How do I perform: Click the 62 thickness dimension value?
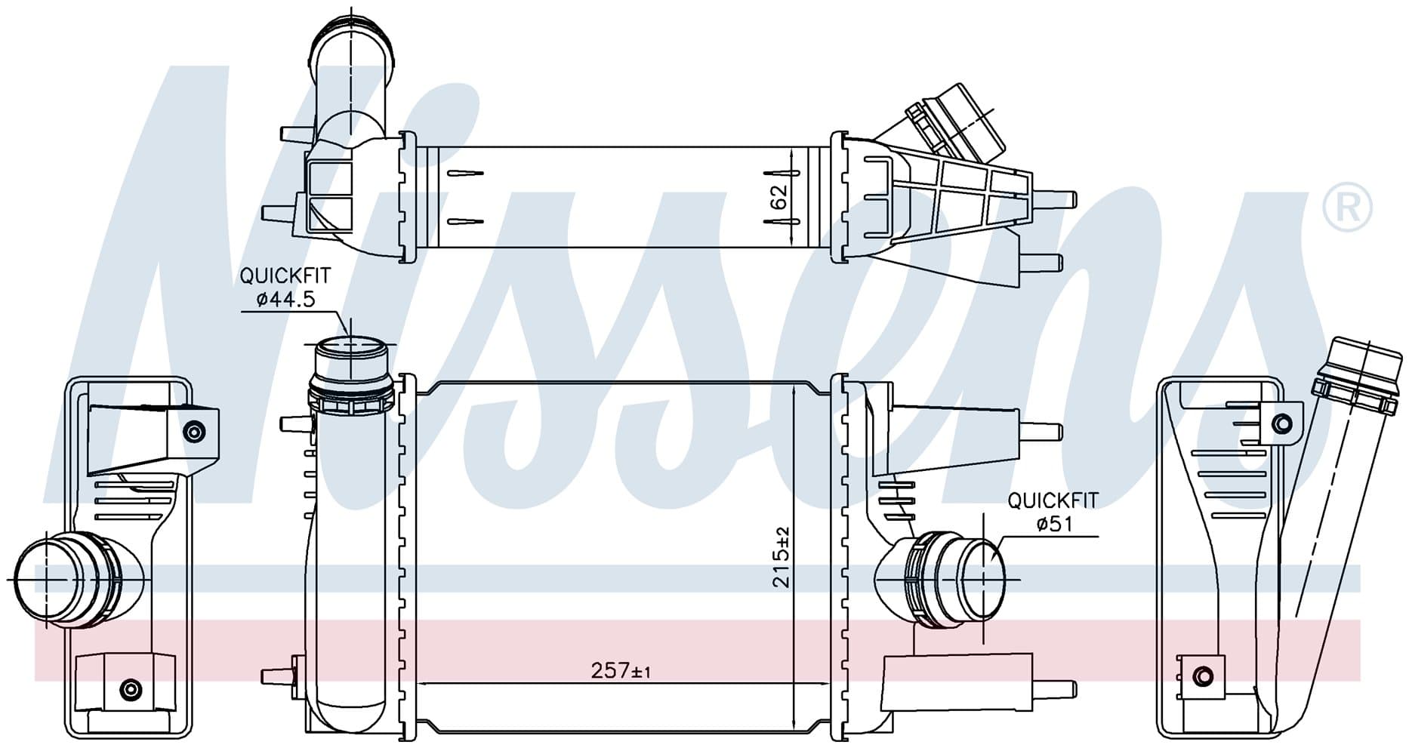(x=780, y=197)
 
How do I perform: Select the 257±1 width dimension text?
(x=621, y=670)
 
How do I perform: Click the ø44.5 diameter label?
(x=285, y=300)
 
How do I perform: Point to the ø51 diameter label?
(x=1054, y=523)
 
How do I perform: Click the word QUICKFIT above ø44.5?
(x=285, y=276)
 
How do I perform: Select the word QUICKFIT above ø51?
(x=1053, y=500)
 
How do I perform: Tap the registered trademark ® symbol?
(x=1348, y=206)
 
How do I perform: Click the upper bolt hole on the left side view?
(x=195, y=432)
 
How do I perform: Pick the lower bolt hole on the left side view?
(x=131, y=688)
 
